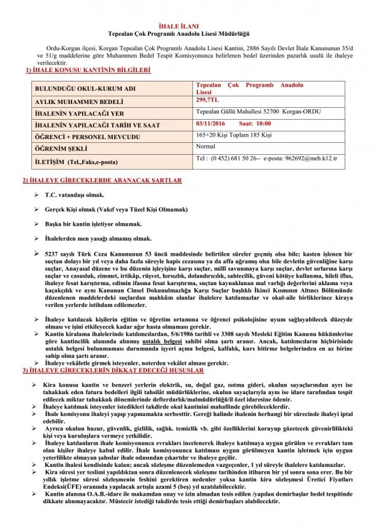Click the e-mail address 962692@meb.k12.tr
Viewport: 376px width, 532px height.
coord(311,159)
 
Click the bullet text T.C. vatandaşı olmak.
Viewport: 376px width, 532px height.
coord(78,195)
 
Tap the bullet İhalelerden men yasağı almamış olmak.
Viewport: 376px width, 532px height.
coord(98,238)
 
